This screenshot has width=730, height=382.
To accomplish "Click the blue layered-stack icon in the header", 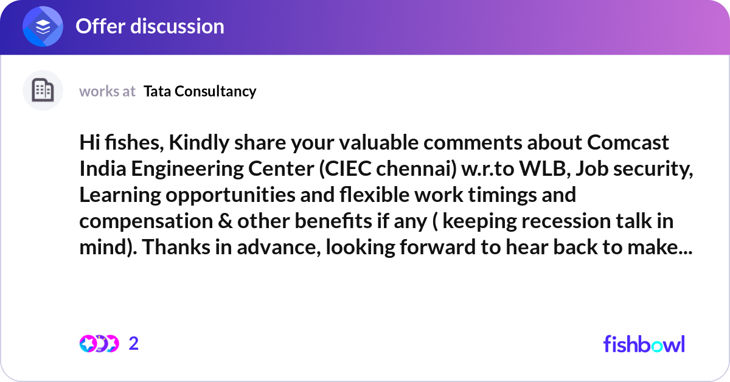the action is [43, 26].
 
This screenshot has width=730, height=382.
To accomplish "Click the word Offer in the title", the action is [100, 26].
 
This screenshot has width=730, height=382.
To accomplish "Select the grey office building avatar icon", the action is [43, 90].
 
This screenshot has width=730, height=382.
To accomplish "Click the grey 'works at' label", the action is [107, 91].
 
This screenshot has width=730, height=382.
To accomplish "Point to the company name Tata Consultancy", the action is [200, 91].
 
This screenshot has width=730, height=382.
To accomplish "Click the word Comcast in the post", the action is [628, 142].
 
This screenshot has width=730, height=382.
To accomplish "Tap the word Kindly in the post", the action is [199, 143].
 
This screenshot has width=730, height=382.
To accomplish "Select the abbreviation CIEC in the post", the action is [345, 169].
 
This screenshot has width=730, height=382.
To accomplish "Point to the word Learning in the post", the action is [120, 195].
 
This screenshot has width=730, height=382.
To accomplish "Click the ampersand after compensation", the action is [225, 221].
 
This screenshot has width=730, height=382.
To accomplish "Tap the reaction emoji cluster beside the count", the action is [99, 344].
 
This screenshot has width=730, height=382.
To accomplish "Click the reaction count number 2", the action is [134, 344].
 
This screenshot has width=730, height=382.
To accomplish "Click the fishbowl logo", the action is [644, 344].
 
